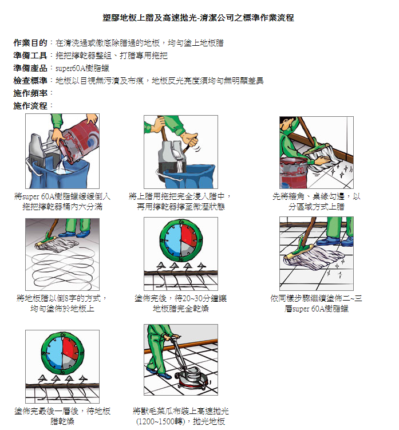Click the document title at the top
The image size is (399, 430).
tap(198, 18)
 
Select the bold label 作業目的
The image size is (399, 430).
tap(30, 43)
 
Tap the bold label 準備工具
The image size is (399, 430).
tap(30, 56)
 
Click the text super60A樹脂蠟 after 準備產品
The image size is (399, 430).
tap(82, 68)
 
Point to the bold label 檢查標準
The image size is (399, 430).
tap(30, 81)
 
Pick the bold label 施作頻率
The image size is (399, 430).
tap(30, 93)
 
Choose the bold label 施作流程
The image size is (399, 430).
tap(30, 106)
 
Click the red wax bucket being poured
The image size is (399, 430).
tap(79, 143)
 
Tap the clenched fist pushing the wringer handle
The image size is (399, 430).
tap(190, 139)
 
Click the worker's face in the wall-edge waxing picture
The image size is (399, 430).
tap(287, 124)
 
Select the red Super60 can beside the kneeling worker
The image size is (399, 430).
tap(294, 173)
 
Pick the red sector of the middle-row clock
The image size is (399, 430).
tap(189, 234)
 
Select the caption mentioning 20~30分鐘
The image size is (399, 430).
tap(181, 303)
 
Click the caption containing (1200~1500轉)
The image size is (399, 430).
tap(181, 416)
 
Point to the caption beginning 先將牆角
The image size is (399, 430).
tap(317, 202)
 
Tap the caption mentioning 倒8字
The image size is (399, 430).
tap(62, 303)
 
